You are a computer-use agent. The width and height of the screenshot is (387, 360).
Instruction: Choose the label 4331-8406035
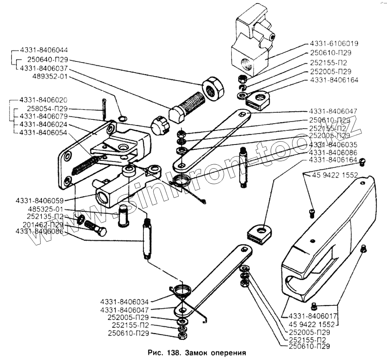(x=333, y=145)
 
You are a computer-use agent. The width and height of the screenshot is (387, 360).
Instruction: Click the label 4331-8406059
(x=40, y=200)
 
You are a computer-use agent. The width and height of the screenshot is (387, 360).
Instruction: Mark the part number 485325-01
(x=45, y=209)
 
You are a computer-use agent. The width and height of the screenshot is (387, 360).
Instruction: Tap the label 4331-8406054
(x=43, y=132)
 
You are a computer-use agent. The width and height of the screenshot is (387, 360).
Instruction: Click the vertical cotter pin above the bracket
(x=104, y=108)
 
